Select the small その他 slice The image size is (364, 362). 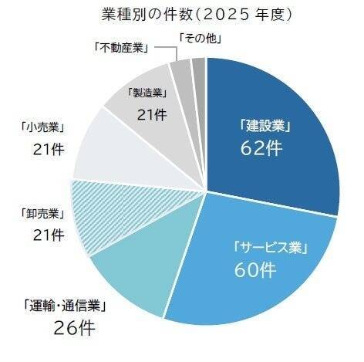point(198,68)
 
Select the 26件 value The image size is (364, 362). point(74,328)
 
